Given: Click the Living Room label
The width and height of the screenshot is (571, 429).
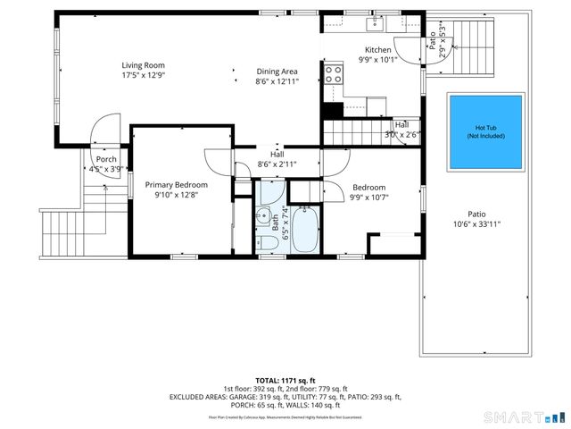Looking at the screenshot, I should pyautogui.click(x=143, y=65).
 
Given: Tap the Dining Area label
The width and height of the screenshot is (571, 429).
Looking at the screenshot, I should pyautogui.click(x=277, y=71).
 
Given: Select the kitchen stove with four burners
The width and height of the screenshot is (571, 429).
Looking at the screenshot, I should pyautogui.click(x=334, y=74).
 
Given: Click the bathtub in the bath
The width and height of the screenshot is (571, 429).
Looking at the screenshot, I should pyautogui.click(x=308, y=230).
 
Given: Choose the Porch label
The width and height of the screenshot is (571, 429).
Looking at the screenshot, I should pyautogui.click(x=106, y=159).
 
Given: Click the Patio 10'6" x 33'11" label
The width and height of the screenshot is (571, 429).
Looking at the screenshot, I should pyautogui.click(x=477, y=219).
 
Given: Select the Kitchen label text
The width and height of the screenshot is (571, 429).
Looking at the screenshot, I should pyautogui.click(x=377, y=50).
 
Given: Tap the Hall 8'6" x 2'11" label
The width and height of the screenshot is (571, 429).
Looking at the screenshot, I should pyautogui.click(x=277, y=159).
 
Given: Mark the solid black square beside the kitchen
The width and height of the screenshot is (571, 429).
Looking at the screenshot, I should pyautogui.click(x=332, y=111).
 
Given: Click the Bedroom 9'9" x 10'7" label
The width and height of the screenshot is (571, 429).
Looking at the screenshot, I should pyautogui.click(x=367, y=192).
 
